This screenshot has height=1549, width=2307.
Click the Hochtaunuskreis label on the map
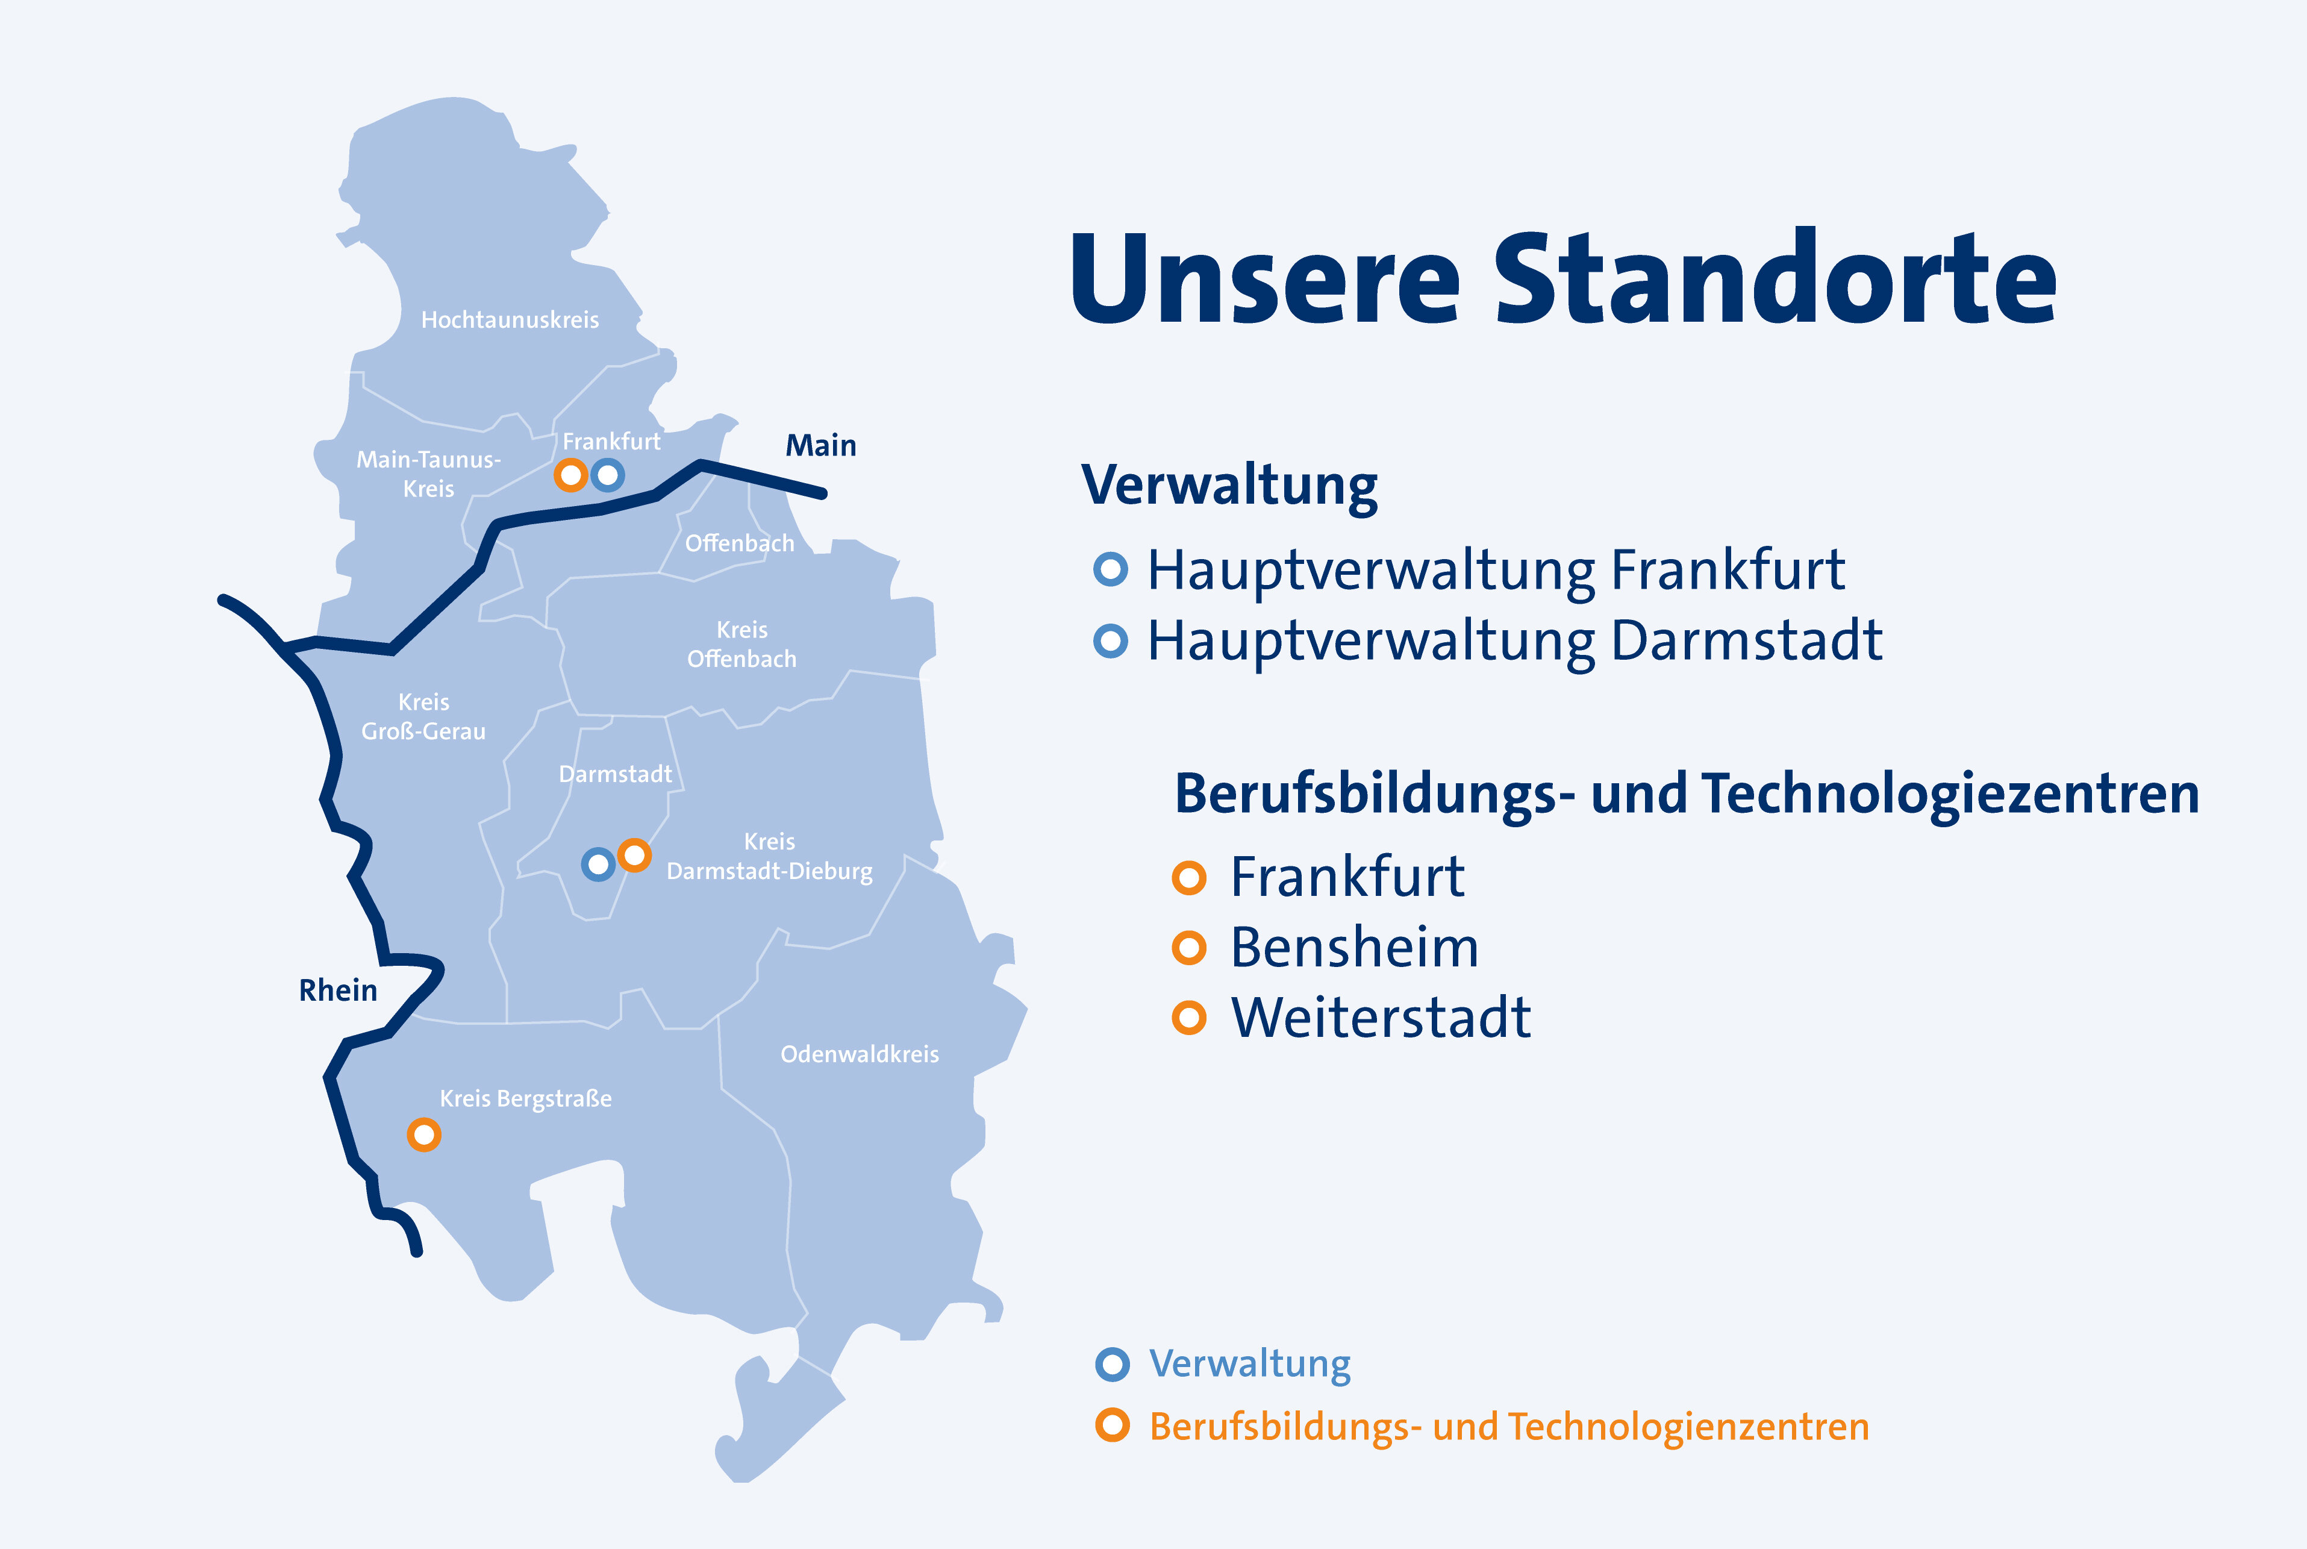click(x=510, y=320)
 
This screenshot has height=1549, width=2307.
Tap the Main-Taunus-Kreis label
click(x=429, y=474)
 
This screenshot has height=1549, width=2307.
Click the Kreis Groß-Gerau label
click(x=423, y=717)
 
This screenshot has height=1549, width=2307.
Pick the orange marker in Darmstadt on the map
click(x=634, y=854)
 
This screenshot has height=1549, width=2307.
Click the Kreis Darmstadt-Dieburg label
click(x=769, y=857)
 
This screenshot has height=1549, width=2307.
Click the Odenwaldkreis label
click(x=859, y=1054)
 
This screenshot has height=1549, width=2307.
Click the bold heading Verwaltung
click(x=1229, y=486)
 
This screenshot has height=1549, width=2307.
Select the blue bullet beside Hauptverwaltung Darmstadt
click(x=1111, y=641)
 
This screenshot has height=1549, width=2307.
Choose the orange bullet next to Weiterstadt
click(x=1189, y=1018)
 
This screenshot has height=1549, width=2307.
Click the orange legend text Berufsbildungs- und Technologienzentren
click(x=1509, y=1427)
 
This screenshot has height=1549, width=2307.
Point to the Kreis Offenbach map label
click(x=741, y=644)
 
